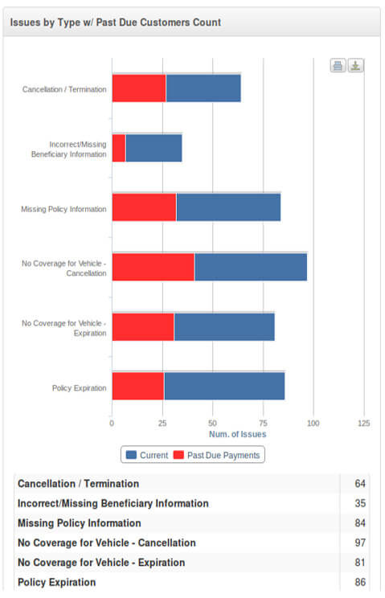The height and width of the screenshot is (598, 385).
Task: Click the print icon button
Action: (338, 66)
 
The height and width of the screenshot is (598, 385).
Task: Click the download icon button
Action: (355, 66)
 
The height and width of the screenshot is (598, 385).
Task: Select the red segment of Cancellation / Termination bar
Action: (139, 88)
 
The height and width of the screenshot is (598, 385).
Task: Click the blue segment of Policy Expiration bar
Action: (224, 386)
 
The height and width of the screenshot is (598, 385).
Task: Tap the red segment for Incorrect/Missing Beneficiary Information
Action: (119, 148)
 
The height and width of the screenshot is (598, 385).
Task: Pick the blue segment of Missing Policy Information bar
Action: (228, 207)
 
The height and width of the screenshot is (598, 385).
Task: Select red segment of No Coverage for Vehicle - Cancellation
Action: (154, 267)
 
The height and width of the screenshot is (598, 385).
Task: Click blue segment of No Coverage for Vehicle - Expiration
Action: (224, 327)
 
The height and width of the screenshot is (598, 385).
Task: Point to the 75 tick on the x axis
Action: (263, 424)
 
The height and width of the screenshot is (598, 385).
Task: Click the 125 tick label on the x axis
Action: (364, 424)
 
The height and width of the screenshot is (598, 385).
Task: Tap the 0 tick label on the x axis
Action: (112, 424)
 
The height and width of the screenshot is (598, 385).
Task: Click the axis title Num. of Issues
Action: (237, 434)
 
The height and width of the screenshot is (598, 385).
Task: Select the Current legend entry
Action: (147, 455)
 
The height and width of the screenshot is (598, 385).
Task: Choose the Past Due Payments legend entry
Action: (216, 455)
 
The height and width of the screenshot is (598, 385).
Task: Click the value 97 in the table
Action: (360, 543)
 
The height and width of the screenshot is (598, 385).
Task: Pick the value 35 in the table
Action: (360, 503)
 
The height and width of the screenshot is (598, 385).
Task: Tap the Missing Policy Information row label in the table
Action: (80, 523)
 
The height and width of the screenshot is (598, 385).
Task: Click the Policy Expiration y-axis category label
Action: (80, 388)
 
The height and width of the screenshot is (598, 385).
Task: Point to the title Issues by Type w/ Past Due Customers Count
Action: (116, 23)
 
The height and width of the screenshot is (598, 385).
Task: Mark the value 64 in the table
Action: (360, 484)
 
